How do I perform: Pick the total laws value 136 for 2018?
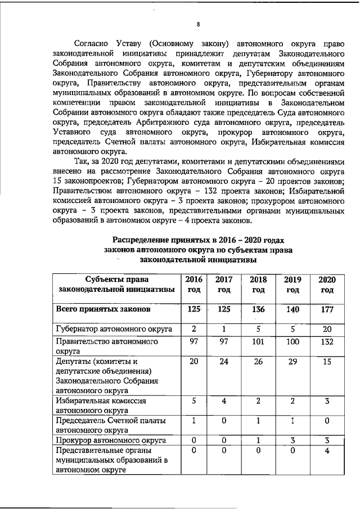[258, 309]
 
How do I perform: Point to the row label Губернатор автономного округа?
[114, 329]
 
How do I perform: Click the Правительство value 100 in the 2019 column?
[292, 341]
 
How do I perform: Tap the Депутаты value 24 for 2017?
[224, 362]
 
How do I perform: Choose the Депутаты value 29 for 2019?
[292, 362]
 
